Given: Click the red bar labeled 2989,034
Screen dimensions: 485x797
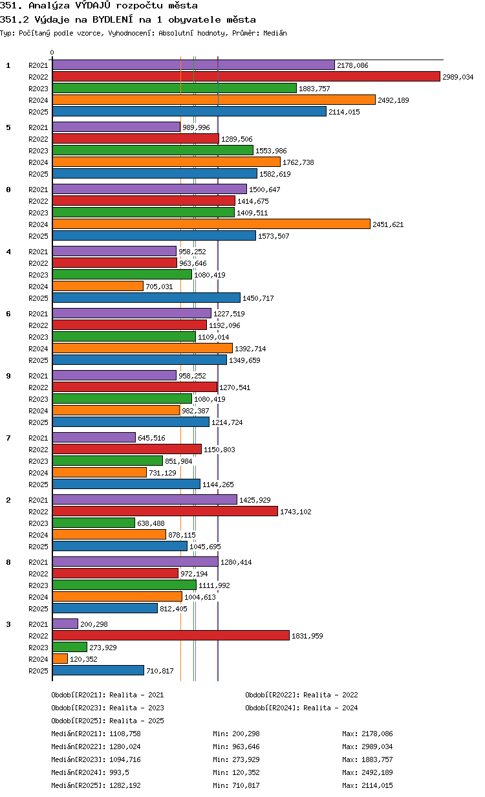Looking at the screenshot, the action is [246, 76].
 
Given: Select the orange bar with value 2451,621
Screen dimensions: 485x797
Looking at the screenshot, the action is [211, 224].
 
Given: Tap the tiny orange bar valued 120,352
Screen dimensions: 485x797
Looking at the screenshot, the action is [60, 659].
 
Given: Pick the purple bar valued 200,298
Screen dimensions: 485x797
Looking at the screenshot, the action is [65, 624].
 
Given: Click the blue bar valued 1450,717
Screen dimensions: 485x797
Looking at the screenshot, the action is [147, 298].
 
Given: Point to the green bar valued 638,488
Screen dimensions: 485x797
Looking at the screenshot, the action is [94, 523].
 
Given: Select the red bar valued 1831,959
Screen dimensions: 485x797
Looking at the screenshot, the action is [171, 636].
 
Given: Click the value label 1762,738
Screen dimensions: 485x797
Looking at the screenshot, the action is [298, 162].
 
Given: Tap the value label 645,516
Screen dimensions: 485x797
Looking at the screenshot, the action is [151, 438].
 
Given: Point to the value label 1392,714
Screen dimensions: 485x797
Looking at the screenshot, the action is [250, 349].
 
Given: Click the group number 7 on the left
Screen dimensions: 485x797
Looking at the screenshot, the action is [8, 438].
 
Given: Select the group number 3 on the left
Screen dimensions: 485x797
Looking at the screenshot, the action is [8, 624].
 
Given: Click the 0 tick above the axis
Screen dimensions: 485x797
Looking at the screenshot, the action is [52, 52].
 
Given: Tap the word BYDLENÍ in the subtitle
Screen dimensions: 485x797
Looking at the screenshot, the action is [113, 19].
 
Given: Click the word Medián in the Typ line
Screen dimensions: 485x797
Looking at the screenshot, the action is [275, 33].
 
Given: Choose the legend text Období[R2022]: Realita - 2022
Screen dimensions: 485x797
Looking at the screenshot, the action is [301, 695].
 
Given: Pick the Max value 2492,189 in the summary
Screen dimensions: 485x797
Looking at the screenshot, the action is [377, 772].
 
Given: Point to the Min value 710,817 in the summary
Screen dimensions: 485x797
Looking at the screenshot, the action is [246, 785].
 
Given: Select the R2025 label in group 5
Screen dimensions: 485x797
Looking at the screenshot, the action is [38, 174].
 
